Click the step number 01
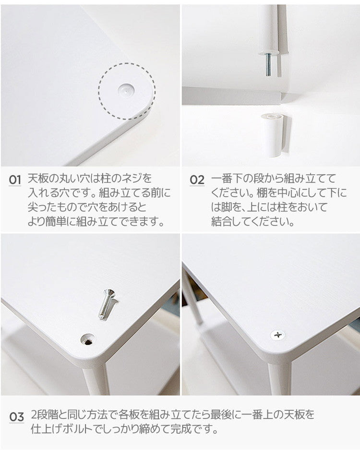click(15, 180)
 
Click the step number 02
click(197, 180)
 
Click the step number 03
click(16, 417)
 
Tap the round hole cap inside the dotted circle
click(127, 89)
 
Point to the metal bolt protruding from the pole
click(268, 64)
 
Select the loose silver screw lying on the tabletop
click(107, 304)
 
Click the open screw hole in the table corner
click(88, 340)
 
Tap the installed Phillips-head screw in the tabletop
click(277, 335)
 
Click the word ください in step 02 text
click(230, 193)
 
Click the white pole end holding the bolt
click(269, 29)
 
